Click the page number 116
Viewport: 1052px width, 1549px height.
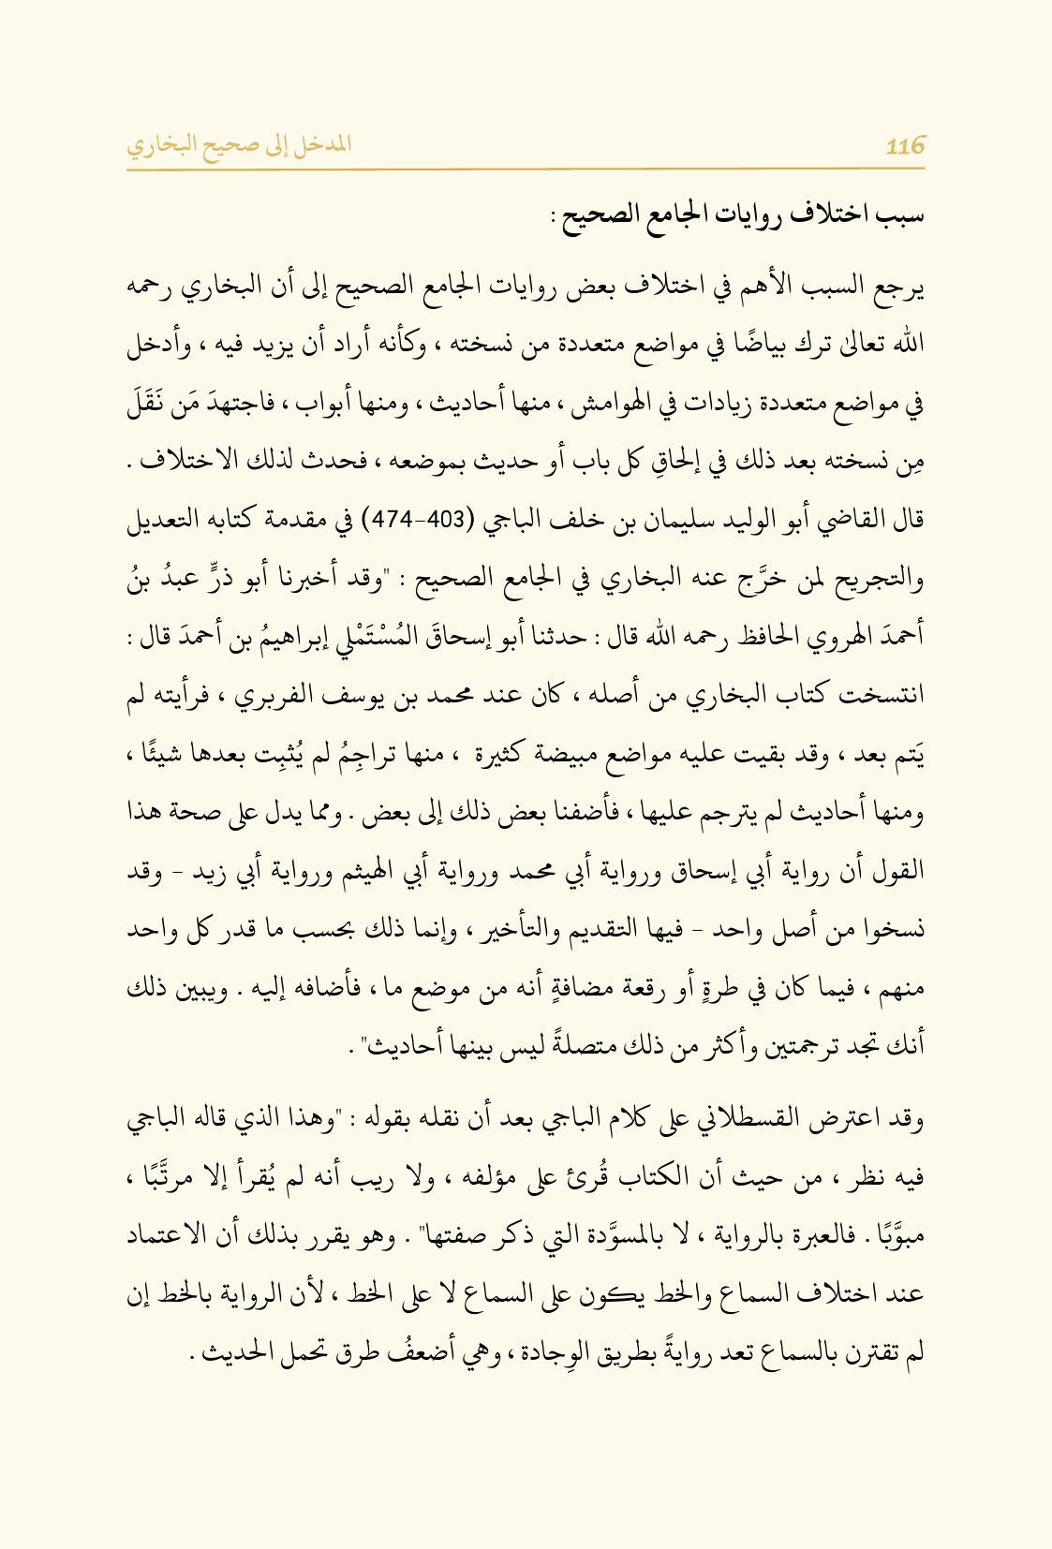coord(905,145)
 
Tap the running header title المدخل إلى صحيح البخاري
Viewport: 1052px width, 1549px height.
coord(239,145)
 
